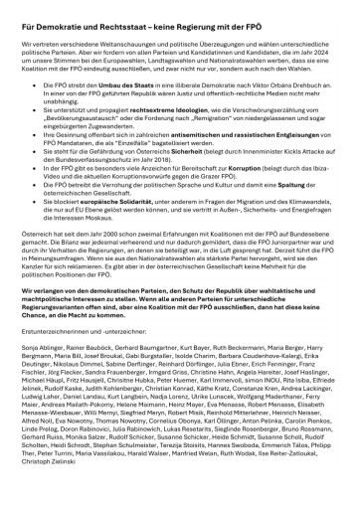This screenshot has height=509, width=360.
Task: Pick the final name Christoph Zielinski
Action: (51, 496)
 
